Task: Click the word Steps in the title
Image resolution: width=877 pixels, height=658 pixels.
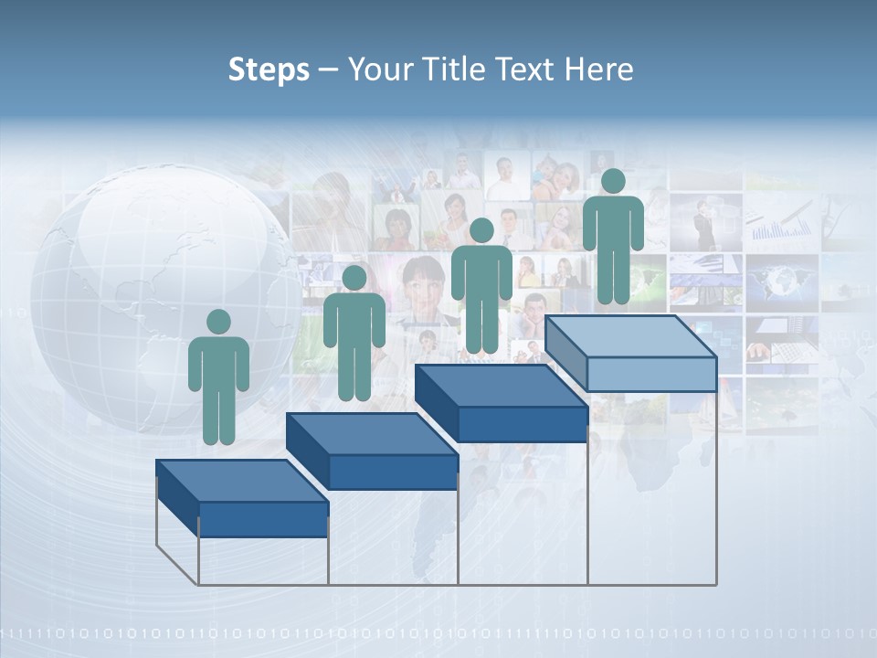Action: click(x=269, y=70)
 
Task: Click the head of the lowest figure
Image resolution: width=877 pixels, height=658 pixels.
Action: click(x=218, y=322)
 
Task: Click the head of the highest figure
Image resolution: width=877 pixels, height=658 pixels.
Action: click(x=613, y=181)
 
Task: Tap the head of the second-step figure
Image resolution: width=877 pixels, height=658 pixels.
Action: click(x=354, y=278)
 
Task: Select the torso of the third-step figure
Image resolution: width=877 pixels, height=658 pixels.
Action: click(x=481, y=273)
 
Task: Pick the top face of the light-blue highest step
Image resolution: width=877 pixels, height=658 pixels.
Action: click(x=630, y=336)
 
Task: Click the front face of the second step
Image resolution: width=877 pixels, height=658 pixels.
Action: click(x=393, y=472)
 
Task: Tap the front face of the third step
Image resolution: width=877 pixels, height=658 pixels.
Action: click(x=523, y=424)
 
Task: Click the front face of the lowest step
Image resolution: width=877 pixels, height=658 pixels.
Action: click(x=263, y=519)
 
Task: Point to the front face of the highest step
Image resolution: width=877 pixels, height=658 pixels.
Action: click(x=651, y=374)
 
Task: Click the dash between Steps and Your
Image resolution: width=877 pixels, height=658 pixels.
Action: click(x=324, y=70)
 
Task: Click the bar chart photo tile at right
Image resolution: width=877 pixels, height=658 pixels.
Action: click(x=781, y=219)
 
